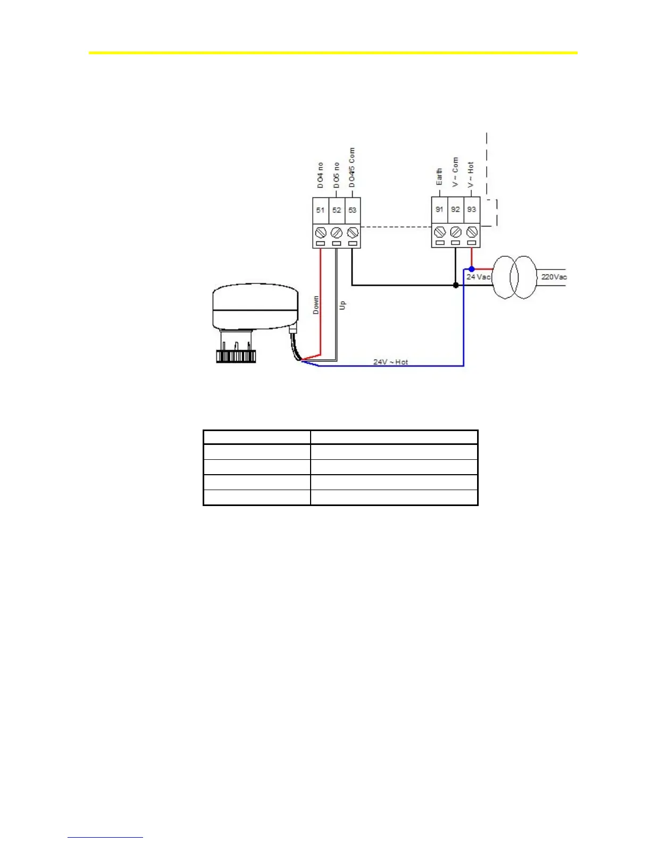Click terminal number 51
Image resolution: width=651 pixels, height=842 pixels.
[x=320, y=210]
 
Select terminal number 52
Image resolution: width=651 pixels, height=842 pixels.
[x=337, y=210]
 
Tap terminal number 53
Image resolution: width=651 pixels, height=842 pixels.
[x=352, y=210]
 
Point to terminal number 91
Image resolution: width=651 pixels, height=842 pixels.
[x=439, y=209]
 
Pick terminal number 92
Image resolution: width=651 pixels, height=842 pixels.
[x=455, y=209]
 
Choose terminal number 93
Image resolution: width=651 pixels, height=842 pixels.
[x=472, y=209]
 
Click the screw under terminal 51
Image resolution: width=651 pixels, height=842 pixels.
[x=321, y=233]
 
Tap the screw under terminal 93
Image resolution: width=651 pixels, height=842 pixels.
[x=472, y=232]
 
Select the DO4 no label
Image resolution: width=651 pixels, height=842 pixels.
[x=320, y=175]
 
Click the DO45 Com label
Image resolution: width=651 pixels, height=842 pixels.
[x=352, y=167]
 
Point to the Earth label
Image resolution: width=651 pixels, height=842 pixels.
[x=439, y=177]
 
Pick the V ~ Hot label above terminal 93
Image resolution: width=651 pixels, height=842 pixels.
[x=471, y=175]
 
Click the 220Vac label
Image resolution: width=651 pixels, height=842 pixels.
[x=554, y=277]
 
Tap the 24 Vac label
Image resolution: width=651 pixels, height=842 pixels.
[x=478, y=277]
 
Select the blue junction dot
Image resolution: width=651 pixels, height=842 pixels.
[x=472, y=269]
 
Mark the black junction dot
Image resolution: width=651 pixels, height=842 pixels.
[x=456, y=285]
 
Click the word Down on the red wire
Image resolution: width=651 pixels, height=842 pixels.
[x=316, y=305]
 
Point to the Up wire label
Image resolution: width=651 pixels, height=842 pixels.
[x=343, y=305]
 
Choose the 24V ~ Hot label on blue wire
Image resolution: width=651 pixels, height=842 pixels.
[x=390, y=362]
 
